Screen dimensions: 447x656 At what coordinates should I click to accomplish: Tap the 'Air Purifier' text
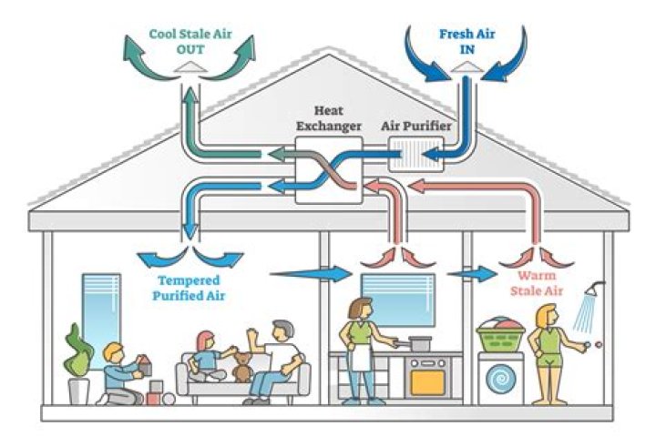(x=416, y=126)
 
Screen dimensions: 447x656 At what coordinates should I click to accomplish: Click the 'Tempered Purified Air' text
(x=190, y=289)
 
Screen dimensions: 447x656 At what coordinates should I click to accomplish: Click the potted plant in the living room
(x=78, y=364)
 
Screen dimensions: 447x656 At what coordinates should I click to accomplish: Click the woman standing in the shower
(x=550, y=355)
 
